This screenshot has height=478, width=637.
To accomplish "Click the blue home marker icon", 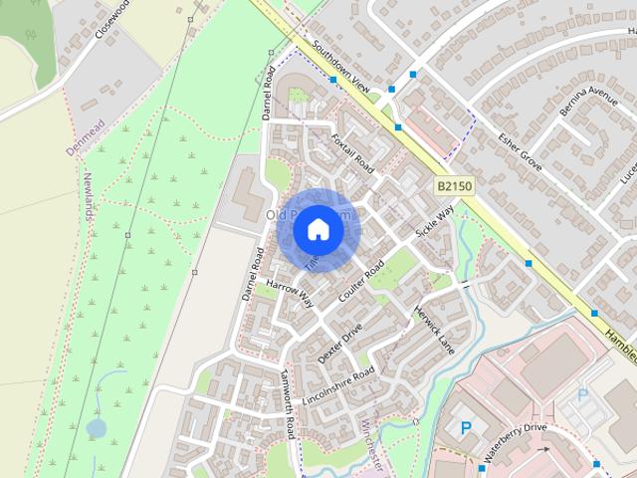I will pos(318,229).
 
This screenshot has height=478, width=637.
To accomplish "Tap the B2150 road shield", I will pos(453,186).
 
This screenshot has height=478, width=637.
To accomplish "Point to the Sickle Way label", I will pos(434,220).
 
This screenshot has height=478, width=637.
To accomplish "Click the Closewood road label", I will pos(112,19).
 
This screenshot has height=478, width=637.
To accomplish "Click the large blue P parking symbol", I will pos(466,429).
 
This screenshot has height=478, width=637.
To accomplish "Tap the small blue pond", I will pos(97,427).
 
